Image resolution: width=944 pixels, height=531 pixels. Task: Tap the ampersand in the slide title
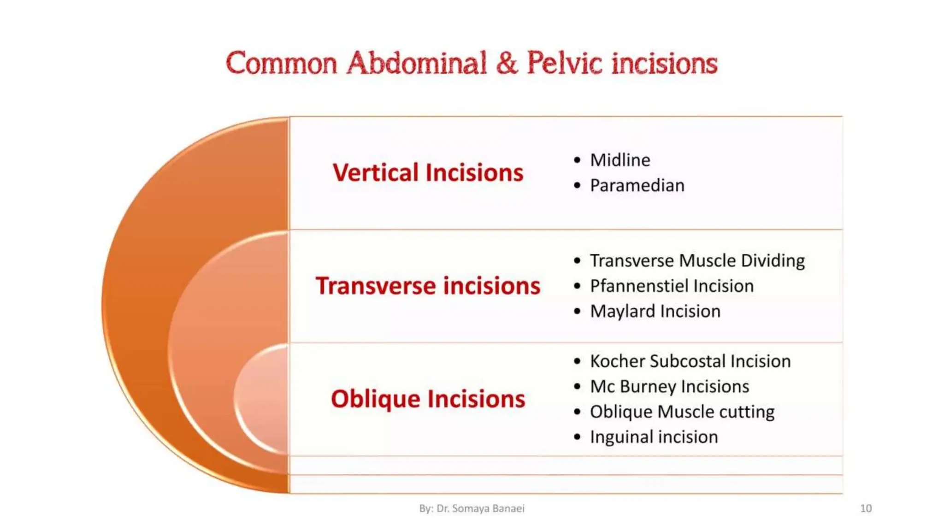coord(507,63)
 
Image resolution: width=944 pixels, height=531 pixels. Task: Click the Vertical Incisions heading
coord(428,173)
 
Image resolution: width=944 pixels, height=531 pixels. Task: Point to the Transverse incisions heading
coord(428,286)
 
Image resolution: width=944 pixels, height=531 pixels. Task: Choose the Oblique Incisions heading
coord(428,399)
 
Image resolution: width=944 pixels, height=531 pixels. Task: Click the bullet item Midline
coord(620,160)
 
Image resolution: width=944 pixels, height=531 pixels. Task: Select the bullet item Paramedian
coord(637,186)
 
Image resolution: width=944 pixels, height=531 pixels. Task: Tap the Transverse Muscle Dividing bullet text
coord(697,261)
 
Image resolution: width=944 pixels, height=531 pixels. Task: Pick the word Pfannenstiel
coord(639,286)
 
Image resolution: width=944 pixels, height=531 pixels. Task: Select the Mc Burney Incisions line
coord(669,387)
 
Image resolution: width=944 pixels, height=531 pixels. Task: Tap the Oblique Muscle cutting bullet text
coord(682,412)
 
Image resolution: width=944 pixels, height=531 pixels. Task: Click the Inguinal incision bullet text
coord(654,437)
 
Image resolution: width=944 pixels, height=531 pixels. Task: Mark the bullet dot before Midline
coord(577,160)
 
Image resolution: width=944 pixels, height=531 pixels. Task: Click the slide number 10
coord(866,508)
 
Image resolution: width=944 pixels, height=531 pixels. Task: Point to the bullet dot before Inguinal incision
coord(577,437)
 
